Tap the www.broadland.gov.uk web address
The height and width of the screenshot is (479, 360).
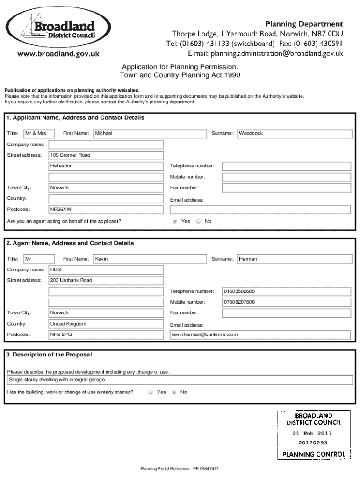tap(58, 54)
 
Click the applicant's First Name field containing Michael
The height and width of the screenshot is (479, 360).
tap(150, 134)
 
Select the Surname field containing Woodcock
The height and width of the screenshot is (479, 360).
tap(294, 134)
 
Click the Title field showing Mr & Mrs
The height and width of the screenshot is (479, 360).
tap(39, 134)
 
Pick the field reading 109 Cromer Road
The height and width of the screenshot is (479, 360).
tap(106, 155)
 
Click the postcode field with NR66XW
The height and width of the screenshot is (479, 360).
tap(106, 210)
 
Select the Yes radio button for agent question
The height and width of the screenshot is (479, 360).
tap(175, 221)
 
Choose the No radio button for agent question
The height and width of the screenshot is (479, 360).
tap(198, 221)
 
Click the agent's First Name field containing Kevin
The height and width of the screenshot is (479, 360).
tap(150, 259)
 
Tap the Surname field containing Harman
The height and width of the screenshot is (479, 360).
tap(294, 259)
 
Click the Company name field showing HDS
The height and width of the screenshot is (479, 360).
tap(106, 270)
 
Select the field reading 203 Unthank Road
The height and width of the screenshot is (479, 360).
tap(106, 281)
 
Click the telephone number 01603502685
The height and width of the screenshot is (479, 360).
tap(286, 291)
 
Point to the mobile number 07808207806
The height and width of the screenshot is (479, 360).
tap(286, 302)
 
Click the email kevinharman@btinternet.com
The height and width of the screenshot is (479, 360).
tap(259, 335)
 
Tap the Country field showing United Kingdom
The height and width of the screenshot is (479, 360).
tap(106, 324)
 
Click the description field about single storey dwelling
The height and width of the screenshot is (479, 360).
tap(180, 380)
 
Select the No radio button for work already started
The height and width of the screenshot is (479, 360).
tap(174, 392)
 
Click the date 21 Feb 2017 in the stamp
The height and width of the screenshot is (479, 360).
tap(312, 433)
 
